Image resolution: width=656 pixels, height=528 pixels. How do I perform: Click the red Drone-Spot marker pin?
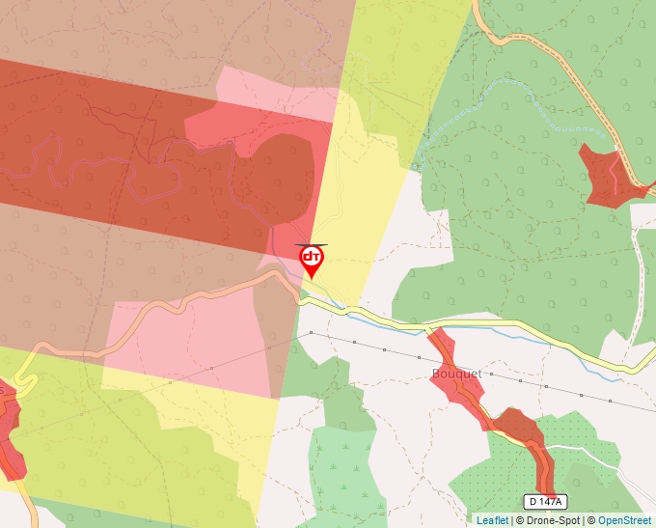[312, 260]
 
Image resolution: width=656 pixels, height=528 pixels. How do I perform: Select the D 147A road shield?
[546, 501]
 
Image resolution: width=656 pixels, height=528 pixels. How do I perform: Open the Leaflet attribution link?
[492, 520]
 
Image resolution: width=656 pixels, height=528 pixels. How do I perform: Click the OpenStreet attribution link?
[624, 520]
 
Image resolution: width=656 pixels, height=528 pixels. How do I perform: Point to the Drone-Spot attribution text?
[551, 520]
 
